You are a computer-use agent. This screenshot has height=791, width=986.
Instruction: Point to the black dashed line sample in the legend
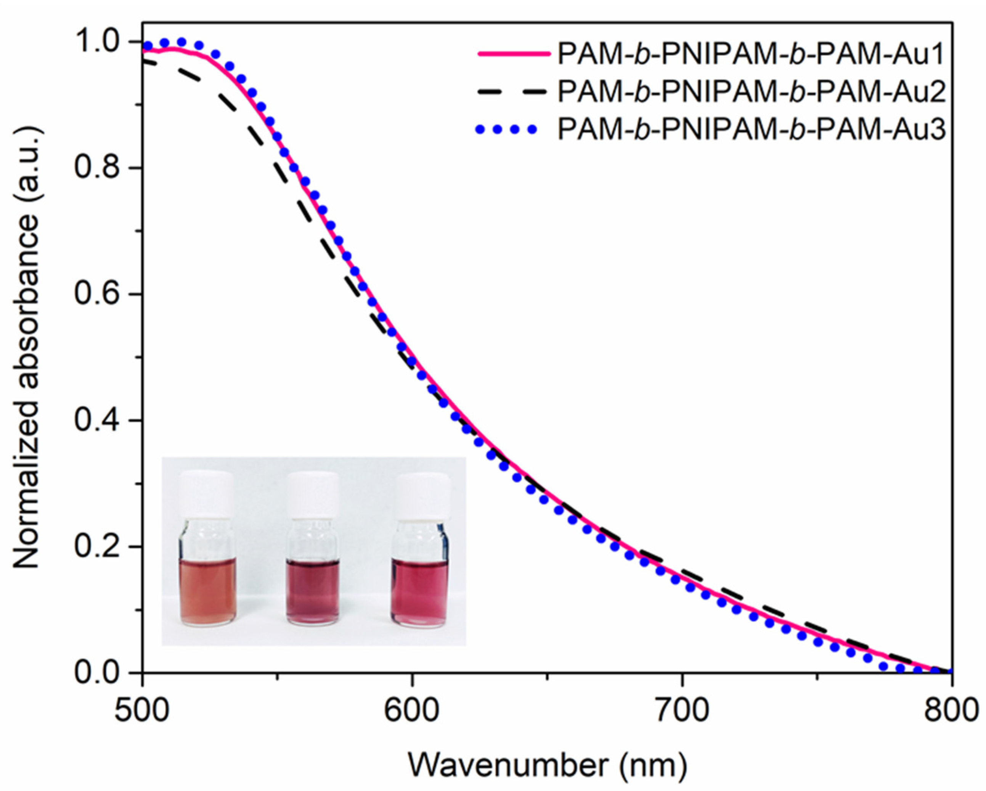click(x=513, y=92)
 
